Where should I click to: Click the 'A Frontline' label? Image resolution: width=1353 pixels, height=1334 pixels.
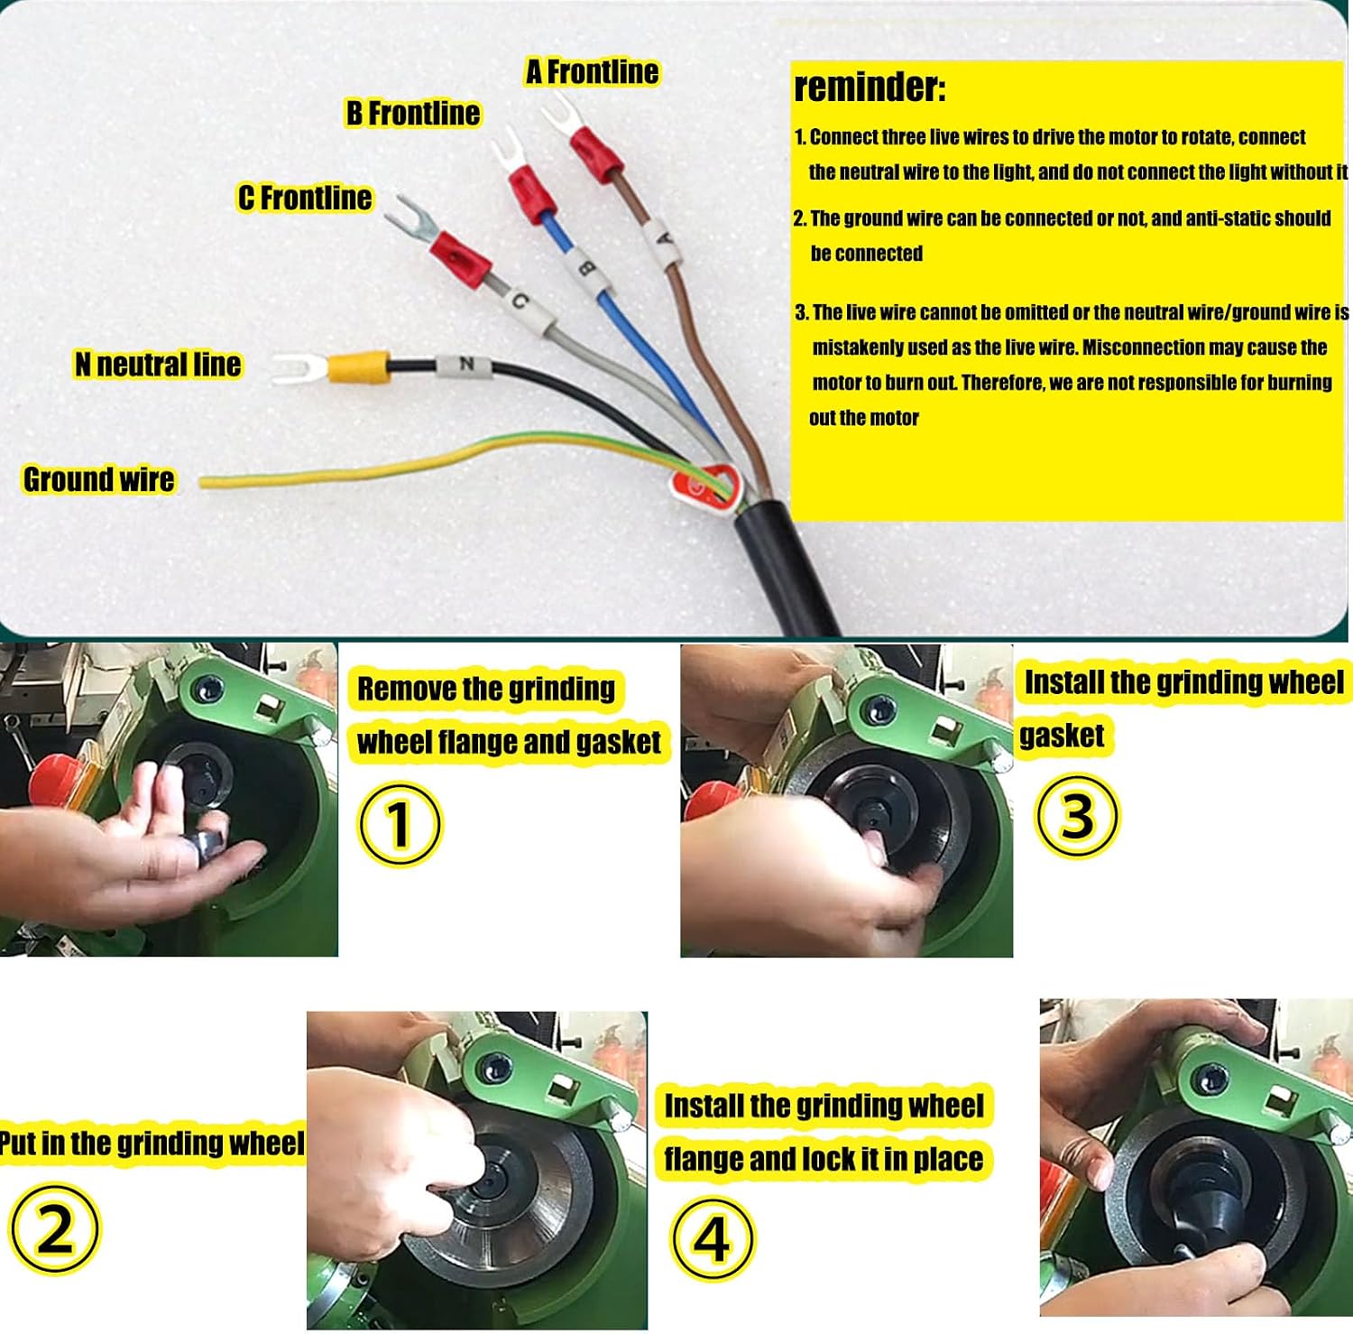click(x=592, y=72)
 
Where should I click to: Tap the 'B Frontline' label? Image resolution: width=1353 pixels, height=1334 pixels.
click(x=413, y=113)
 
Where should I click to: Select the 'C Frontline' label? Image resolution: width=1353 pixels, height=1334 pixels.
click(x=305, y=198)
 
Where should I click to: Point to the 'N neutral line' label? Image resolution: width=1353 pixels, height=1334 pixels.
click(x=158, y=365)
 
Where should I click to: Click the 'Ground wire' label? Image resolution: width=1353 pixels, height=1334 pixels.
click(x=99, y=479)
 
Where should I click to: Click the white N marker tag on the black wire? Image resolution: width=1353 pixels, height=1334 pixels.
click(x=465, y=366)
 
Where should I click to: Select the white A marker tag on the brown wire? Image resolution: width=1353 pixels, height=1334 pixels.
click(x=663, y=240)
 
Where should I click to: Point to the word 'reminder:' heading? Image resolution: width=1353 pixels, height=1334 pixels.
click(x=870, y=88)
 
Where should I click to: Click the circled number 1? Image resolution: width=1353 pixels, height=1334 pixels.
click(x=400, y=824)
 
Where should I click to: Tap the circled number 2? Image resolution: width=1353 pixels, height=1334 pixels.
click(x=55, y=1228)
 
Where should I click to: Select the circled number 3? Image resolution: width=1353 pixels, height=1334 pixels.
click(x=1077, y=816)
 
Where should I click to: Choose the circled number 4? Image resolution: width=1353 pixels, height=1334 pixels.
click(x=713, y=1238)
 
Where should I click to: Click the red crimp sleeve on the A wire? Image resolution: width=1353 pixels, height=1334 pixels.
click(x=595, y=153)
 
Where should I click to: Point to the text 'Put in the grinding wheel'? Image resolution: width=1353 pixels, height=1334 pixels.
click(x=152, y=1143)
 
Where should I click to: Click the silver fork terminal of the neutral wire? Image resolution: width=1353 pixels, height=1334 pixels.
click(x=298, y=367)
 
